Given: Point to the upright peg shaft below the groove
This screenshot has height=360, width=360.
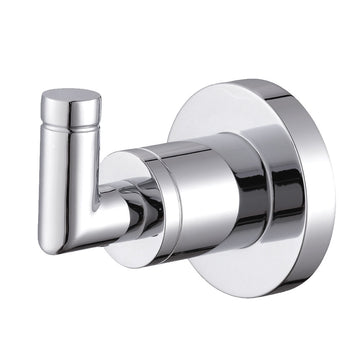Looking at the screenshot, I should tap(68, 160).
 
